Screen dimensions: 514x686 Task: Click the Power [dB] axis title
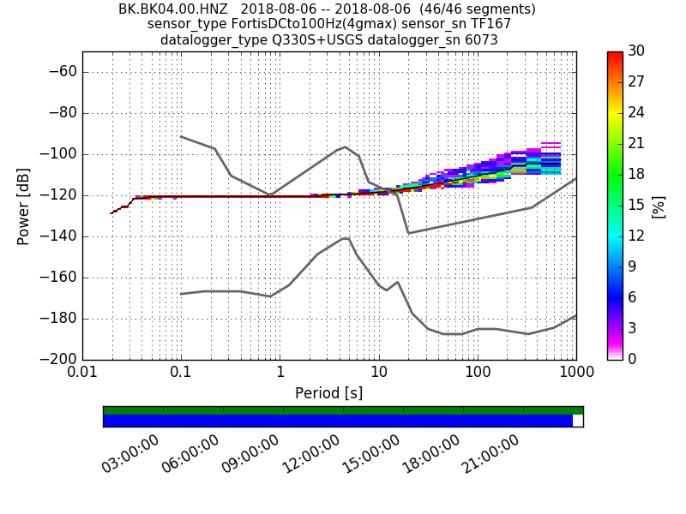23,206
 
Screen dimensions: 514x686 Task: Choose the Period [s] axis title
328,393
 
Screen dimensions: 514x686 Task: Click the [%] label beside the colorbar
659,206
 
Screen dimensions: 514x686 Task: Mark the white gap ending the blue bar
577,421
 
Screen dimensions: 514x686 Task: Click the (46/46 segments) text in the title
463,9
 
